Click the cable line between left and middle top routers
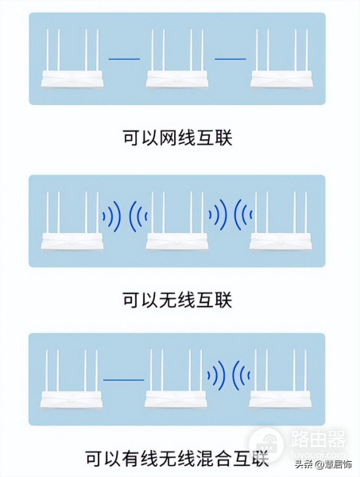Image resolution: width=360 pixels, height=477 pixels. click(124, 59)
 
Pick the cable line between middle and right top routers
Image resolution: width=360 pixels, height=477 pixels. click(230, 59)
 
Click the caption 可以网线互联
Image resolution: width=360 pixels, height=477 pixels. click(177, 138)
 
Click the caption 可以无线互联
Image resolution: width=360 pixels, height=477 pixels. click(177, 300)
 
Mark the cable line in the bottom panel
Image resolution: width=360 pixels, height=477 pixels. click(124, 380)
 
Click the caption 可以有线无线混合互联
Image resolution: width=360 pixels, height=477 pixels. click(177, 458)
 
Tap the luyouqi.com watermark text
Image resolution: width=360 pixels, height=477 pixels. click(318, 455)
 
